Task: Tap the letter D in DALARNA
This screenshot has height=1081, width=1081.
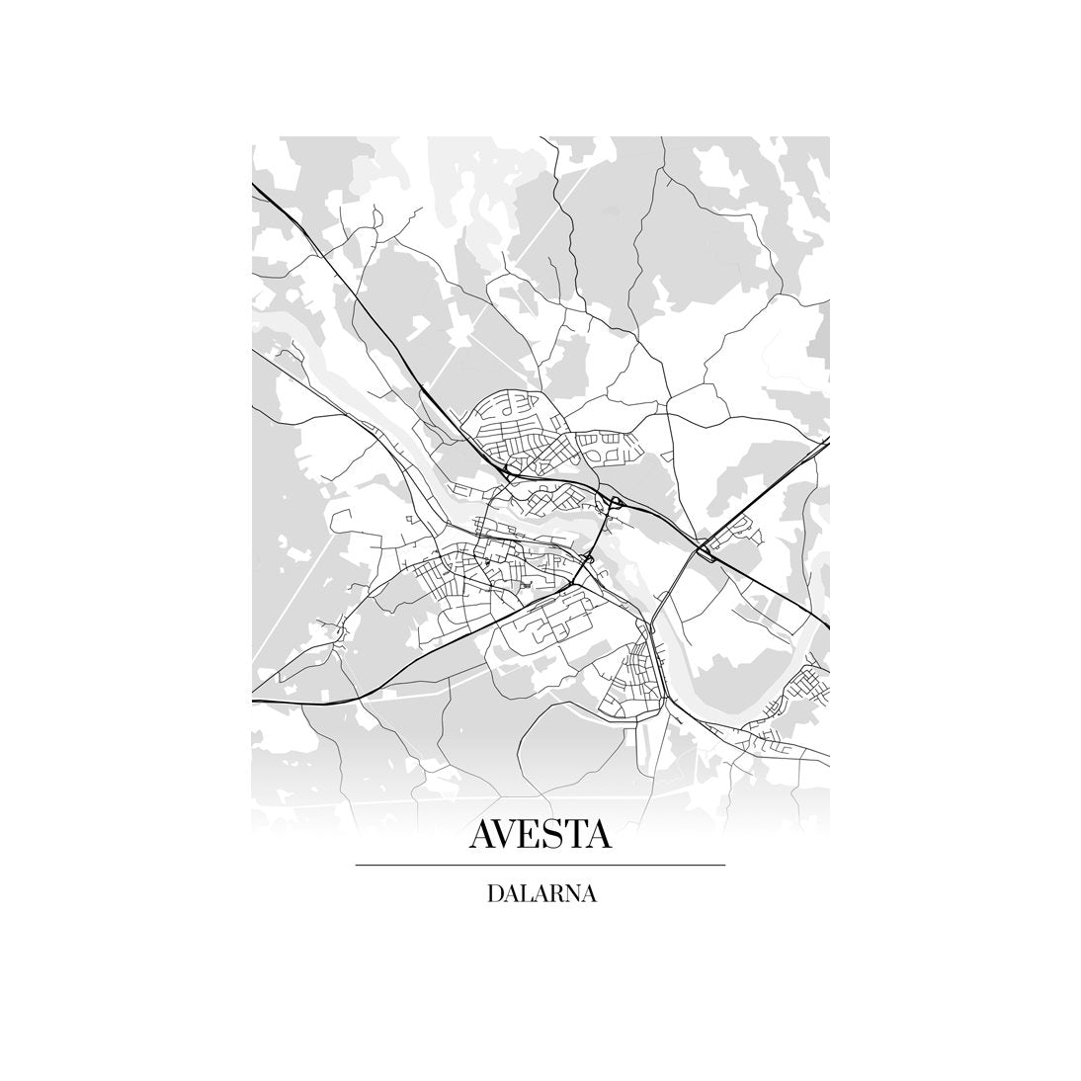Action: [x=494, y=894]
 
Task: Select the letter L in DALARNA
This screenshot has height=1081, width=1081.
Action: [x=526, y=894]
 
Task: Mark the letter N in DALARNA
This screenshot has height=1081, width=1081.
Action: [x=572, y=894]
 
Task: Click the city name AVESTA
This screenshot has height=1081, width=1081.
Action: [x=540, y=834]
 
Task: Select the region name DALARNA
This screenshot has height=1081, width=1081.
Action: [x=540, y=894]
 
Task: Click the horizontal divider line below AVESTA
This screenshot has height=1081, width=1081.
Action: [x=540, y=866]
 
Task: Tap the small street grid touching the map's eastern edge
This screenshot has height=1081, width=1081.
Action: [x=812, y=682]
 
